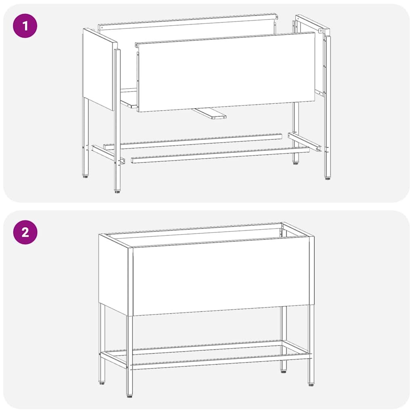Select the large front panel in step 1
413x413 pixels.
point(226,73)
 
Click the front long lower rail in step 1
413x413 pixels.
point(220,155)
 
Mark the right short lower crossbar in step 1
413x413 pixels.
point(305,142)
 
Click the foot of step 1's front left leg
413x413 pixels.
point(117,191)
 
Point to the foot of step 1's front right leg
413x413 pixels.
point(327,178)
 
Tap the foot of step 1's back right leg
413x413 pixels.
point(296,164)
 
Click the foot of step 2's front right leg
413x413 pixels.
point(311,384)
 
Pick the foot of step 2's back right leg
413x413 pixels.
point(284,370)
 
